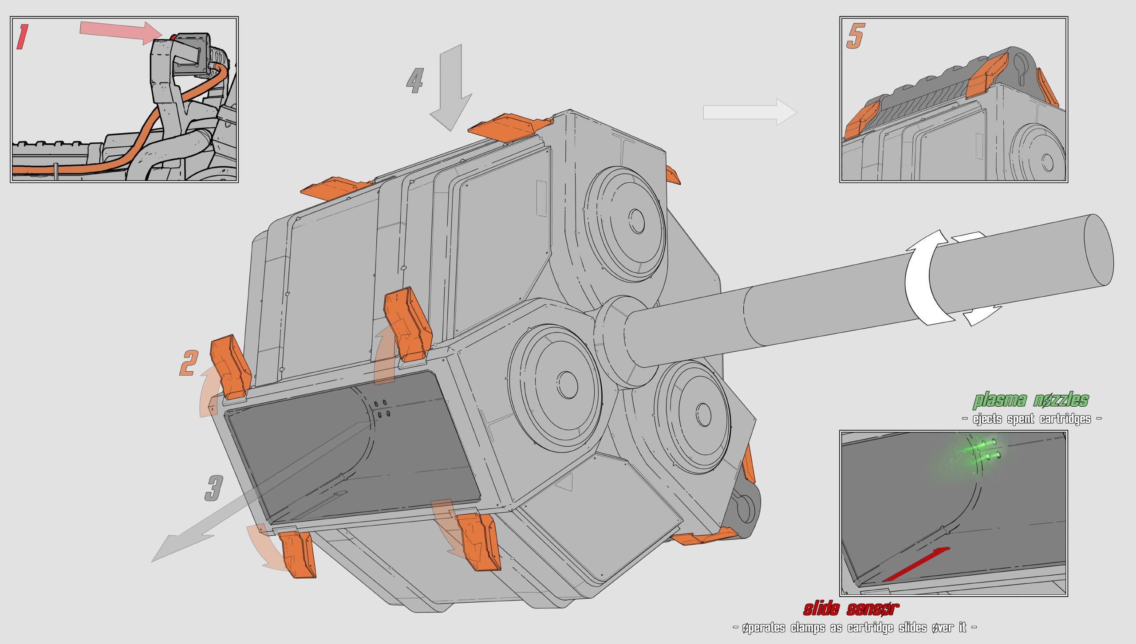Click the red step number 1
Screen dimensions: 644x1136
[x=23, y=37]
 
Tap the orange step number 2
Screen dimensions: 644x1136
[x=189, y=363]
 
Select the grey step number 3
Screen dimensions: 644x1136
[x=214, y=488]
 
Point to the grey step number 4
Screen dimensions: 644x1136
[x=415, y=80]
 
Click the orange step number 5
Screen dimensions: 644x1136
[x=856, y=36]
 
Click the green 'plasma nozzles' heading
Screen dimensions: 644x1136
[x=1030, y=400]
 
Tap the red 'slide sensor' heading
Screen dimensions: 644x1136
[x=851, y=609]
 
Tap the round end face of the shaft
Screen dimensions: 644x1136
[x=1099, y=250]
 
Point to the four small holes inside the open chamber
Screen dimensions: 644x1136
[x=381, y=408]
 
